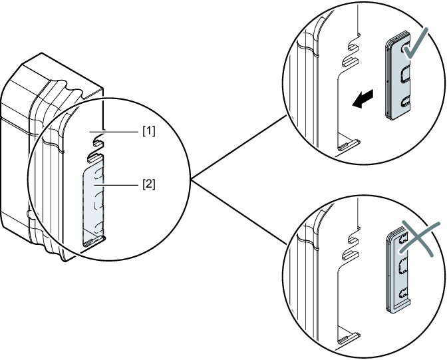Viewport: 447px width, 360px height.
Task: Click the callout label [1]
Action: (148, 131)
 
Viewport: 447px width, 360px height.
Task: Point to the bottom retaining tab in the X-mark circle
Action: (349, 339)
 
